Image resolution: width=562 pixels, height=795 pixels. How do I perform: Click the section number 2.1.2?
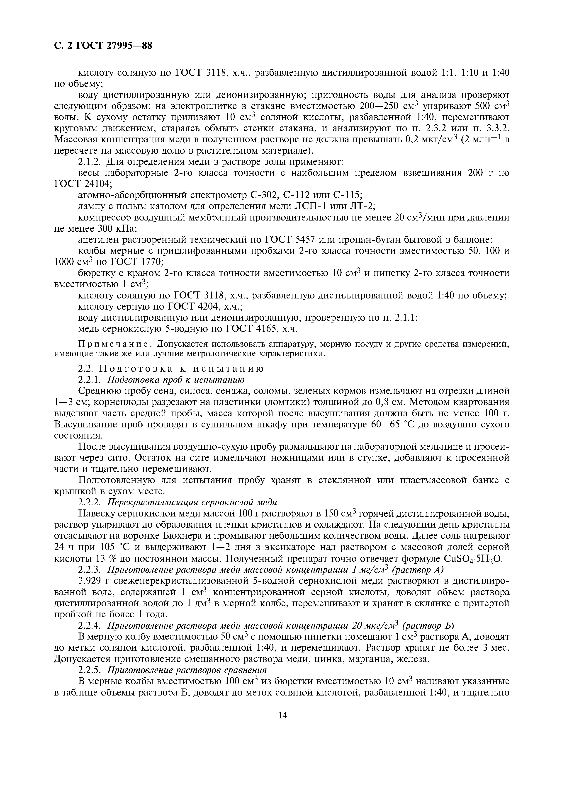[90, 162]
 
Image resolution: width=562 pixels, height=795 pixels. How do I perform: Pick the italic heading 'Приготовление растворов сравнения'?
[187, 670]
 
